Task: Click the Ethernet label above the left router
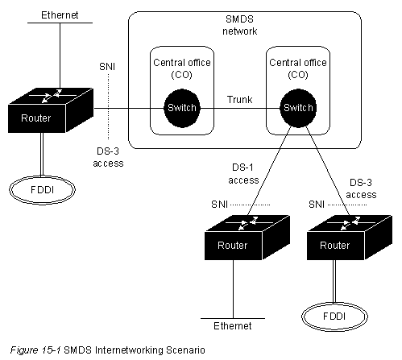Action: point(60,15)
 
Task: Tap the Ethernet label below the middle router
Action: point(233,325)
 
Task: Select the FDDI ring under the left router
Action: point(42,190)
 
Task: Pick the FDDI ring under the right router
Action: point(334,317)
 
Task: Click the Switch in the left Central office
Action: point(182,108)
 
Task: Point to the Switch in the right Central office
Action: point(298,108)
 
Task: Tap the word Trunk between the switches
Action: point(240,100)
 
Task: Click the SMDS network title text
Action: point(240,25)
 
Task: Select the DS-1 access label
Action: point(243,174)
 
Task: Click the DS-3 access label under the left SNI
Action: point(108,157)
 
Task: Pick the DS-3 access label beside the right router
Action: point(361,188)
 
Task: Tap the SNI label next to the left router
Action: point(107,67)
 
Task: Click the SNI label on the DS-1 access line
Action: point(220,205)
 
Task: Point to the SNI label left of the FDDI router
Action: point(317,205)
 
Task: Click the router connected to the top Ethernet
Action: point(51,110)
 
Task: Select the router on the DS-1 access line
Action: point(247,238)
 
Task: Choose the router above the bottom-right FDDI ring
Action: point(350,238)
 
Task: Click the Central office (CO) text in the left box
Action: point(182,68)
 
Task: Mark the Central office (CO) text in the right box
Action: point(298,68)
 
